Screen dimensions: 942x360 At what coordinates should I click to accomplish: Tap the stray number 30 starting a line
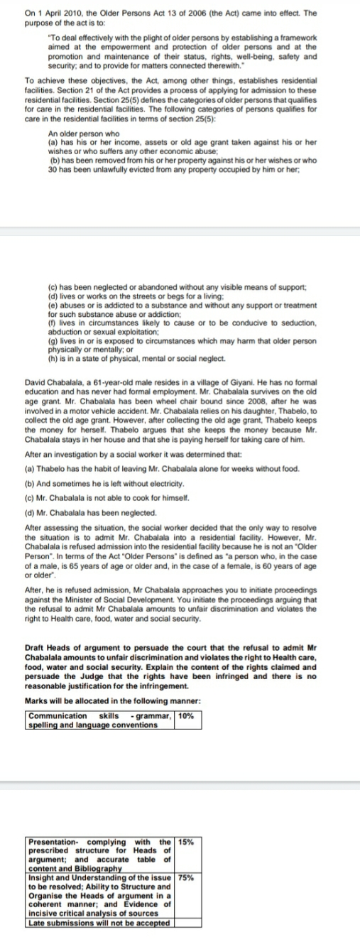click(x=52, y=168)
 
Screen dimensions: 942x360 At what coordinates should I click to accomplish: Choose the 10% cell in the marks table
click(x=188, y=715)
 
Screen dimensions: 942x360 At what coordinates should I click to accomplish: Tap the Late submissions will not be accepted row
click(x=99, y=923)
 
